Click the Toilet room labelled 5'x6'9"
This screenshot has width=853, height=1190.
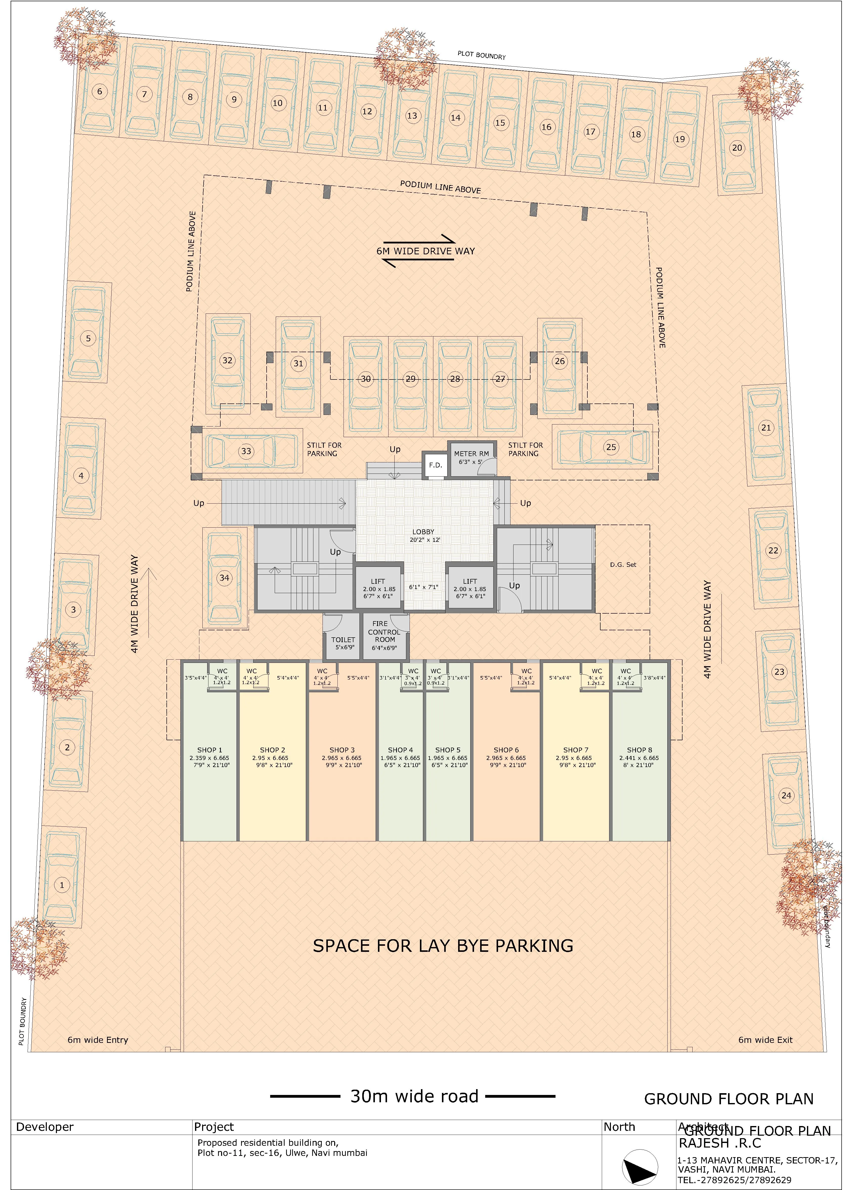[343, 643]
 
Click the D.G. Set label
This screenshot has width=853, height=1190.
[623, 565]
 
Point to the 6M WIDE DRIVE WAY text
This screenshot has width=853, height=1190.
[425, 251]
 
